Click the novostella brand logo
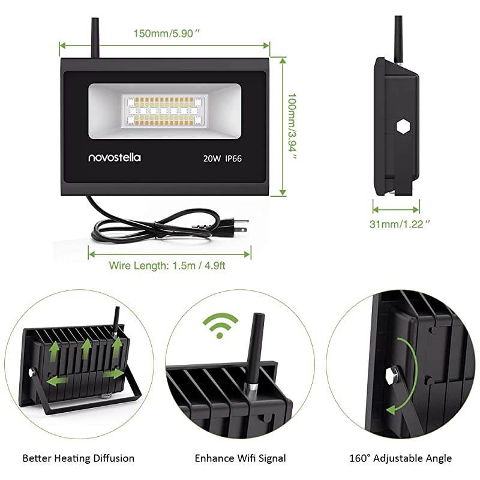[x=115, y=157]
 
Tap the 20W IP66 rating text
[x=222, y=158]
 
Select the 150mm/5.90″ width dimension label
[x=167, y=33]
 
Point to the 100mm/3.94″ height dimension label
[x=292, y=127]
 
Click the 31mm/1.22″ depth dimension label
[x=400, y=224]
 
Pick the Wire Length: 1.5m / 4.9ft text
[x=167, y=265]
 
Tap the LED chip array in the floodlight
[x=164, y=110]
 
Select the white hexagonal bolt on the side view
[x=403, y=127]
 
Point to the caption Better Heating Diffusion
[x=79, y=458]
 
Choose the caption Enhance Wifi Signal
[x=241, y=458]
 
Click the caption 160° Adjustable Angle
[x=400, y=458]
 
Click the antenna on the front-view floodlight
[x=95, y=37]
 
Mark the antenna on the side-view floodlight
[x=399, y=39]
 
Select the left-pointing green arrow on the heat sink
[x=57, y=381]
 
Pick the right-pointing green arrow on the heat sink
[x=113, y=374]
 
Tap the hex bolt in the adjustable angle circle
[x=392, y=374]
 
